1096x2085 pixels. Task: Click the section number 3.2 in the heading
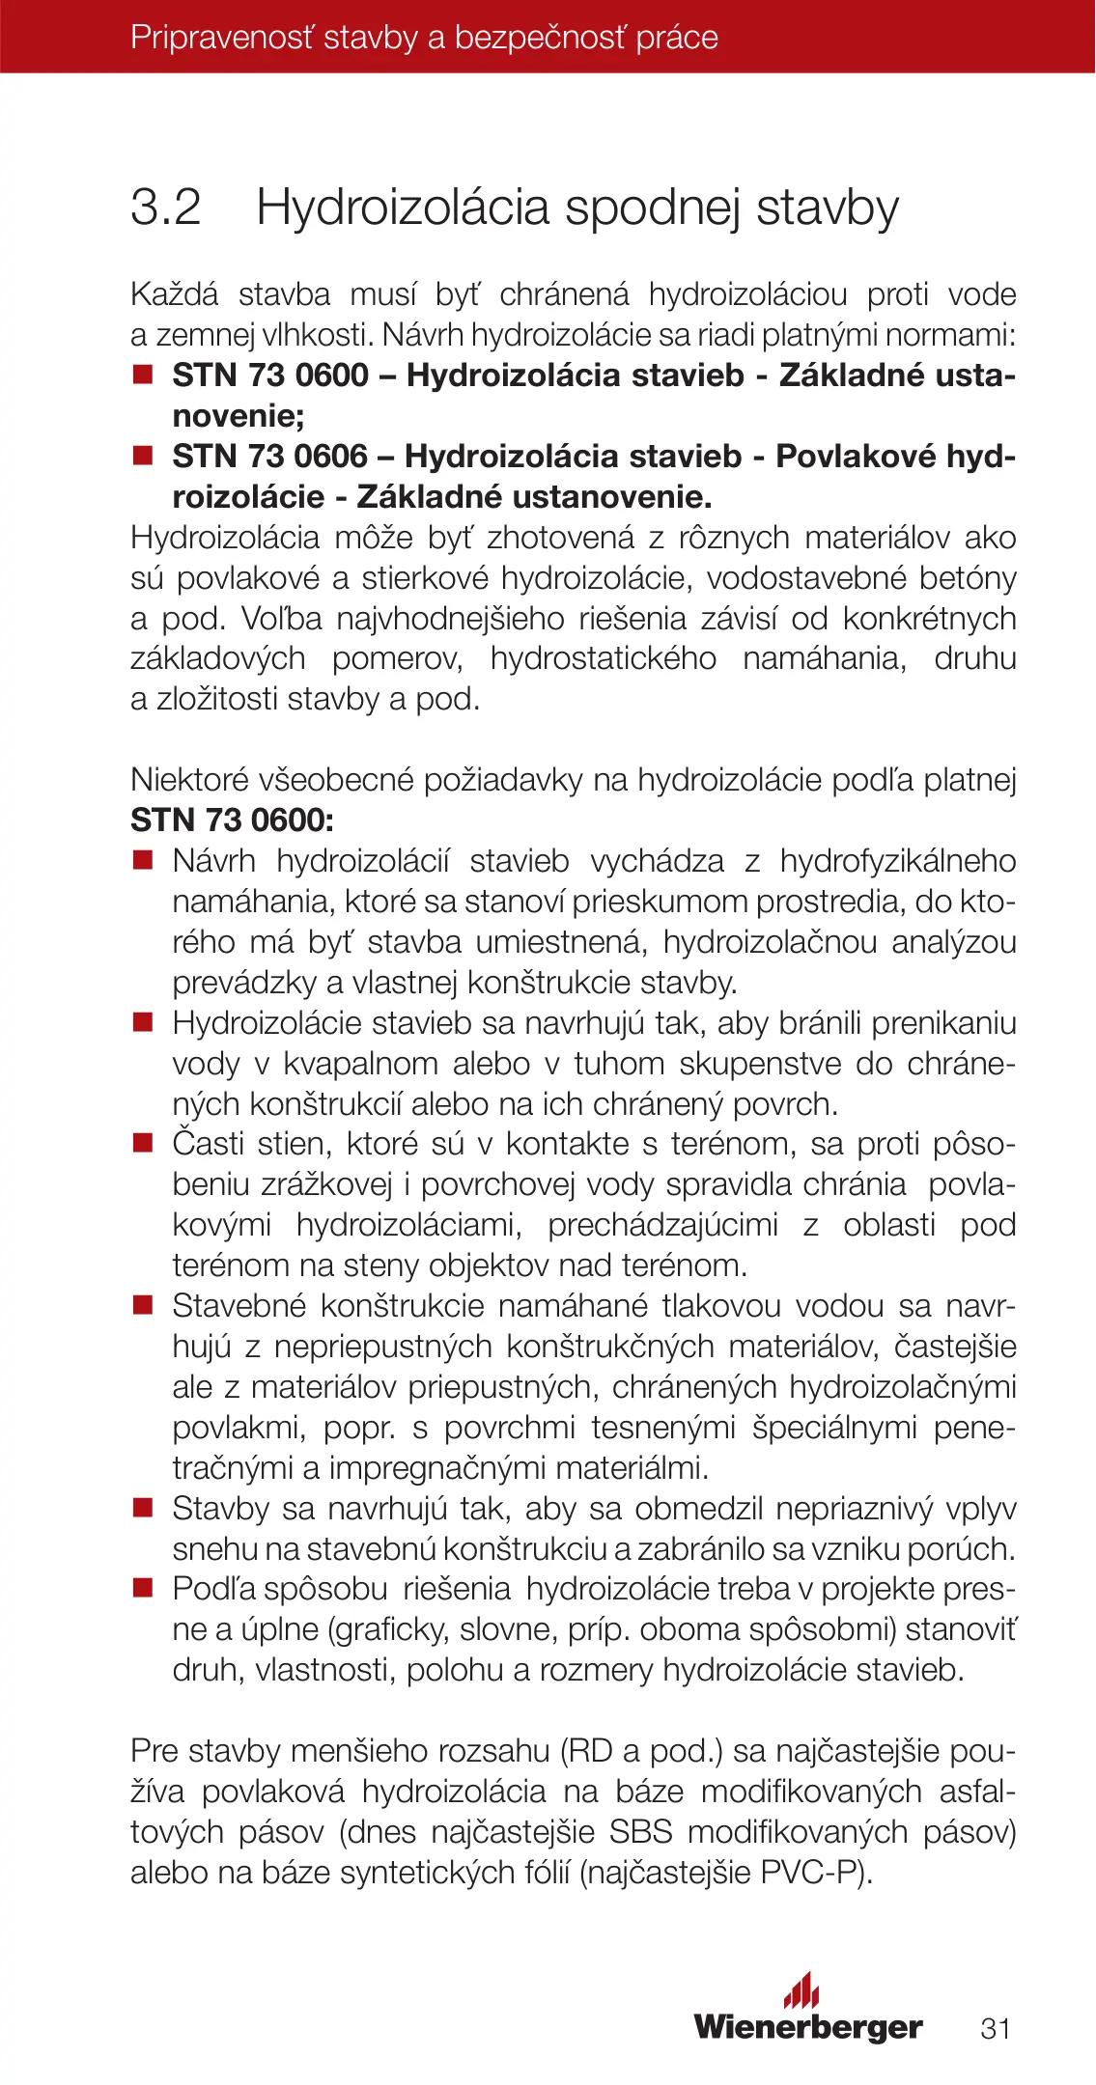click(x=166, y=208)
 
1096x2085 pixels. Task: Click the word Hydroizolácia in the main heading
click(x=402, y=208)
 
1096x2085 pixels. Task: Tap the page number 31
click(x=995, y=2028)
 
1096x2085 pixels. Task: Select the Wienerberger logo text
click(x=807, y=2027)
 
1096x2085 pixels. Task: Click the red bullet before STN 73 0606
click(x=143, y=456)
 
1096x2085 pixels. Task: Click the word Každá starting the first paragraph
click(x=175, y=294)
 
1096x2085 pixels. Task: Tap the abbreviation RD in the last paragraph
click(x=586, y=1750)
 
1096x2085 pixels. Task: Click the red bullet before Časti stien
click(x=143, y=1144)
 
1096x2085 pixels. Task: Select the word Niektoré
click(x=189, y=780)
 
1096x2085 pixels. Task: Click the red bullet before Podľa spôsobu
click(x=143, y=1588)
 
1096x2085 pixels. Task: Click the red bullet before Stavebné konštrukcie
click(x=143, y=1306)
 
